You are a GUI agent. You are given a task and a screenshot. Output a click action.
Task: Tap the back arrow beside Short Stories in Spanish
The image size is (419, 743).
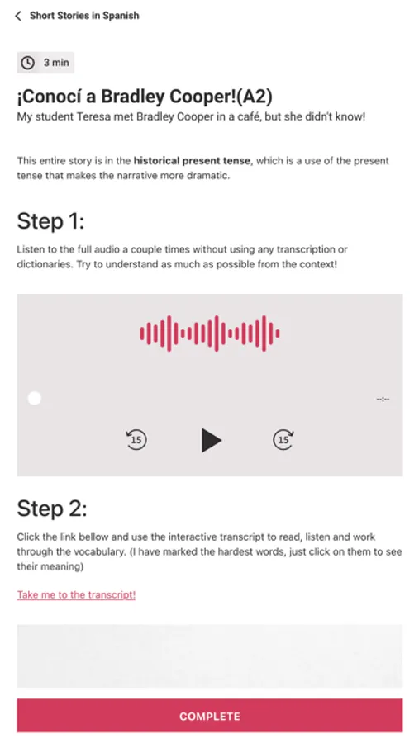coord(18,16)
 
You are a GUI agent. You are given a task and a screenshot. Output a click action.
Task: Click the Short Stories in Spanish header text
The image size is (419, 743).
coord(84,16)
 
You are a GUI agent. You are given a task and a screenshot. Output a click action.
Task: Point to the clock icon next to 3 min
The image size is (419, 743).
coord(28,63)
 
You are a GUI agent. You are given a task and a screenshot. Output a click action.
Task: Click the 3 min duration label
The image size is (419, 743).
coord(56,63)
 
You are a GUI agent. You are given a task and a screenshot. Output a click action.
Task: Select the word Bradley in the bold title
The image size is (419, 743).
coord(133,97)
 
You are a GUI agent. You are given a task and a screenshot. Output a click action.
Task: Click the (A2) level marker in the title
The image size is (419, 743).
coord(255,97)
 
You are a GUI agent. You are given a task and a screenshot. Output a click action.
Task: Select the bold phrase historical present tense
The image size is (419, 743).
coord(192,161)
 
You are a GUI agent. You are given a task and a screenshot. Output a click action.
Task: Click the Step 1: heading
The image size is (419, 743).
coord(50,221)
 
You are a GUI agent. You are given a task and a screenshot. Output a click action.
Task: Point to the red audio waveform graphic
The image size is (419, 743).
coord(210,334)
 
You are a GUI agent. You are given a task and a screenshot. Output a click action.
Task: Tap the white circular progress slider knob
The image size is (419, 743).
coord(34,399)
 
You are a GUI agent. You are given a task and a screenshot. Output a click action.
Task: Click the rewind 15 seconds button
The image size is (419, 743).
coord(136,440)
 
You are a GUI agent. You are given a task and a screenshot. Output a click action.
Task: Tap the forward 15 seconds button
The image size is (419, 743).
coord(283,440)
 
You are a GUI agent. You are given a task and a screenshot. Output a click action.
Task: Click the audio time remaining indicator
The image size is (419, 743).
coord(383,399)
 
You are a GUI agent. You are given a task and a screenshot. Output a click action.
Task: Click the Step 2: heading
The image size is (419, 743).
coord(52,509)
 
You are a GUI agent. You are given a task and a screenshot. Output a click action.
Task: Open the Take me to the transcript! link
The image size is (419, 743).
coord(76,594)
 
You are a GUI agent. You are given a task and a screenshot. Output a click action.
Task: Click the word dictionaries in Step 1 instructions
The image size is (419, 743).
coord(43,264)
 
